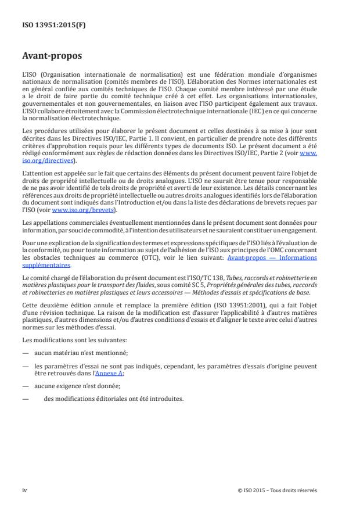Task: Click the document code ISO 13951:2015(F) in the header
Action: [x=47, y=26]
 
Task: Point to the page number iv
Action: [x=24, y=490]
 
